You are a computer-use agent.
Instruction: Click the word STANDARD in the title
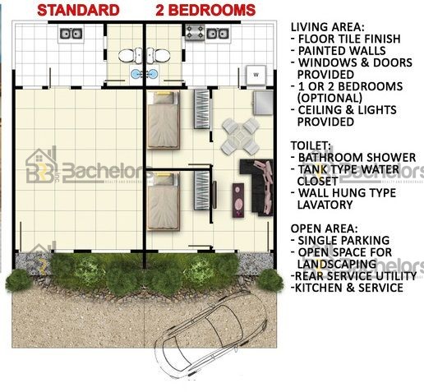coord(78,11)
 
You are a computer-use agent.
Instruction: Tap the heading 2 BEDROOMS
coord(205,11)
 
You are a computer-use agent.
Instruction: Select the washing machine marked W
coord(256,75)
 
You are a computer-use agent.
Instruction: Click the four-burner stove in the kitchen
coord(195,32)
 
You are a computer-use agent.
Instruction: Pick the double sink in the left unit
coord(71,34)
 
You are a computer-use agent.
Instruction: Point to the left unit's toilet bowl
coord(127,56)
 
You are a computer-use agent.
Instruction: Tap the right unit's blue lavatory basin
coord(152,74)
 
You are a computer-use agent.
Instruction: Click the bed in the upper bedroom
coord(164,120)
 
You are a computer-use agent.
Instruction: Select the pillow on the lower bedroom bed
coord(164,178)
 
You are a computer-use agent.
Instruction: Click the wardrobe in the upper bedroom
coord(202,109)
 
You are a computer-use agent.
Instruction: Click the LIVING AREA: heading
coord(328,27)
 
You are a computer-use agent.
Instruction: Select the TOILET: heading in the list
coord(311,145)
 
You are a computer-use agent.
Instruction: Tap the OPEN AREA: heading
coord(324,228)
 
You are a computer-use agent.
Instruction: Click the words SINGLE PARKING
coord(343,240)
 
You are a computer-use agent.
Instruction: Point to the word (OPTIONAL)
coord(330,98)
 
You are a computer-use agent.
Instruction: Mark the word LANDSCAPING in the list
coord(337,264)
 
